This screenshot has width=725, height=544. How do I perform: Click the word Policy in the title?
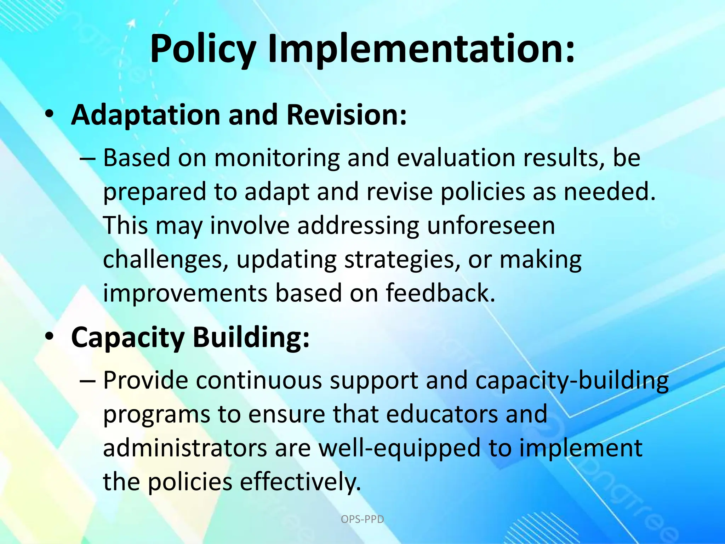coord(203,50)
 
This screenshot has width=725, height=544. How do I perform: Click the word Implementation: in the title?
coord(421,50)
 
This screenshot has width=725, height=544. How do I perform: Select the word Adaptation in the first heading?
coord(145,115)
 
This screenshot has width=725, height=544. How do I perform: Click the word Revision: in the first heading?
coord(347,115)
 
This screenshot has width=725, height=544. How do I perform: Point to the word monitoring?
coord(276,158)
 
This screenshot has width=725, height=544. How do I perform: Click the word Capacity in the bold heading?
coord(128,338)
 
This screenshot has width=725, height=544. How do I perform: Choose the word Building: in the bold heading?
coord(251,337)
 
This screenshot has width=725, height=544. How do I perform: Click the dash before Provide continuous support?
coord(87,381)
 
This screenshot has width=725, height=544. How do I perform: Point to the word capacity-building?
coord(572,381)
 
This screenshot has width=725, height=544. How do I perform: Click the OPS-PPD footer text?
coord(362,520)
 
